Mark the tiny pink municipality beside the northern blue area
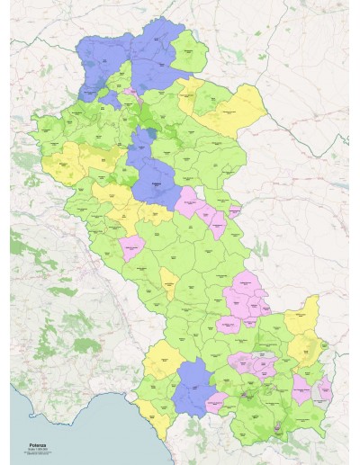131,91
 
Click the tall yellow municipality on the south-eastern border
306,324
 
